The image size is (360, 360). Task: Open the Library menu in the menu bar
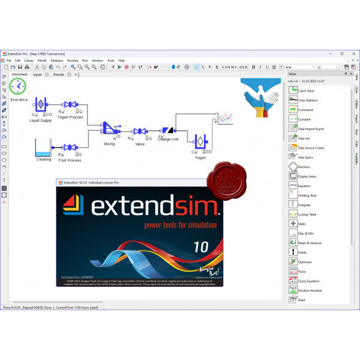29,61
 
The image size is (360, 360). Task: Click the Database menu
57,61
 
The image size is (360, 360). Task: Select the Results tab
59,74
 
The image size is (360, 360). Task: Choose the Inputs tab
37,74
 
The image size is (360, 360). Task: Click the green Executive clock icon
19,86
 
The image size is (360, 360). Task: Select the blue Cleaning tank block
43,147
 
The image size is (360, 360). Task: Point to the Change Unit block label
167,139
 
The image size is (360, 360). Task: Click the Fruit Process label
70,160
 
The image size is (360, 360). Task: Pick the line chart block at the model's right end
225,119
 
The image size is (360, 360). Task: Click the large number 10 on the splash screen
202,247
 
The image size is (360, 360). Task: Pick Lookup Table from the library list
307,214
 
